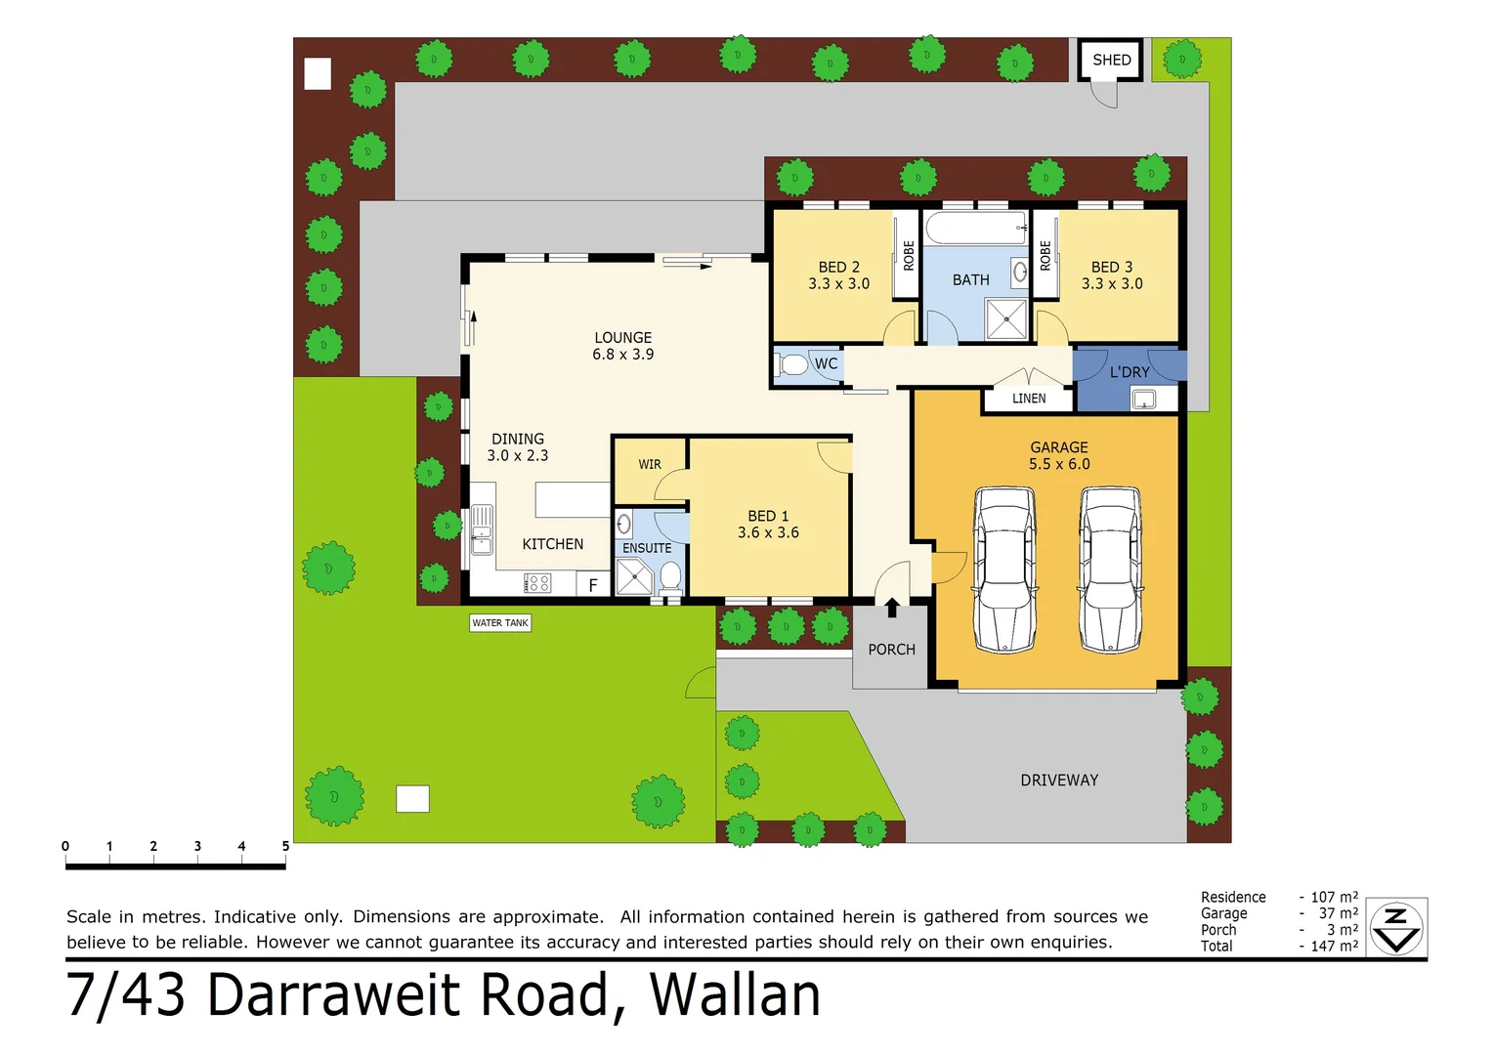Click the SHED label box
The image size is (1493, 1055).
(1111, 61)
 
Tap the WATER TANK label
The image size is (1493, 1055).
(500, 623)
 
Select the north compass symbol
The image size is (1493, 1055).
(1396, 928)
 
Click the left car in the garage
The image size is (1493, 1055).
(1004, 570)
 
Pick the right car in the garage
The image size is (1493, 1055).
(1110, 570)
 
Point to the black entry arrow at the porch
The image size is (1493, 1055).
(891, 608)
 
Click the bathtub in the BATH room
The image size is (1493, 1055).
(975, 229)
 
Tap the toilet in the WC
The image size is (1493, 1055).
(792, 365)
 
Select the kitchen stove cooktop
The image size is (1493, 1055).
(538, 584)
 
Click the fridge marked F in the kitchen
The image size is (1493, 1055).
(592, 585)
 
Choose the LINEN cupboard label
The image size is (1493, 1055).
(1029, 399)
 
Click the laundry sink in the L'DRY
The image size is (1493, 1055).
(1143, 399)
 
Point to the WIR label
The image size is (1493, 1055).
(650, 465)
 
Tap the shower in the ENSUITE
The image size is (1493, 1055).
(634, 576)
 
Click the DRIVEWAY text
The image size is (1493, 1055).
(1059, 781)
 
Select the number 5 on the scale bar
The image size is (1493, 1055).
(285, 846)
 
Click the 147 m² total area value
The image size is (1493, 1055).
(1334, 946)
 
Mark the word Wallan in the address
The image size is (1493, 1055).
(735, 996)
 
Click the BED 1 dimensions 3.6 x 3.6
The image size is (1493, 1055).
(768, 533)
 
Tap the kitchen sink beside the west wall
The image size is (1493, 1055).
(482, 529)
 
